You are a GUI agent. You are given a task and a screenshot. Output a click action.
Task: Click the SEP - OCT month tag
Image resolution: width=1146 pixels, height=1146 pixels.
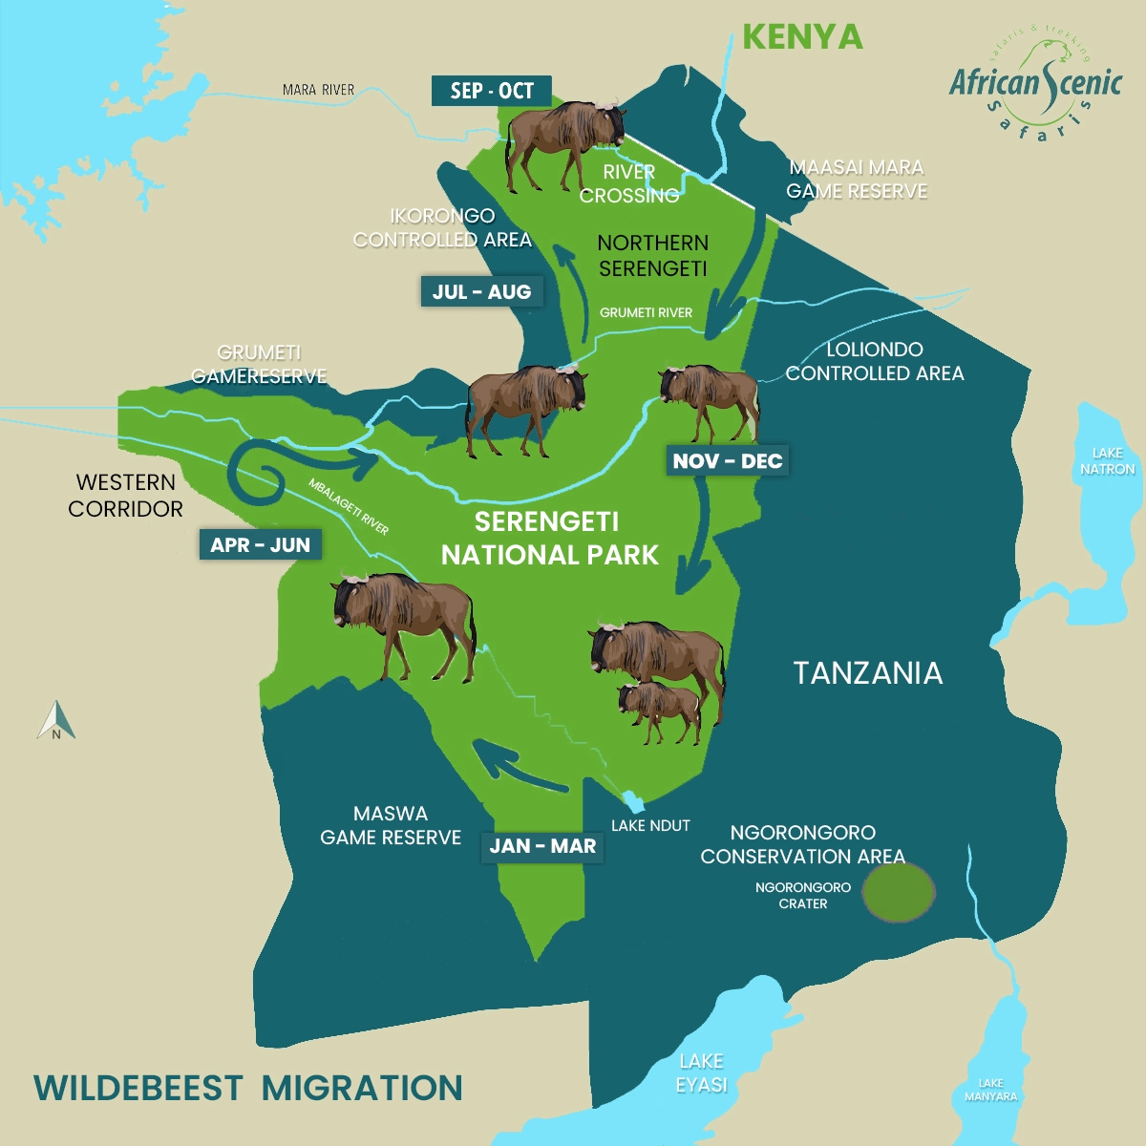click(491, 91)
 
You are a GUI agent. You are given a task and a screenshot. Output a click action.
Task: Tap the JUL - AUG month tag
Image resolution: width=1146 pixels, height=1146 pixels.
click(481, 292)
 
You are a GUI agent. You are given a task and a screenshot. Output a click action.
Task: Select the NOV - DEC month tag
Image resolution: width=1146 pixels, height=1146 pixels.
click(728, 461)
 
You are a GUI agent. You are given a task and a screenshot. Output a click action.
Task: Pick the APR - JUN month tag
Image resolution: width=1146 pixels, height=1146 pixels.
click(260, 545)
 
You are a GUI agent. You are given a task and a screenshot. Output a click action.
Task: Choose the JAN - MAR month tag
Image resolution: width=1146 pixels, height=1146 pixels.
click(542, 846)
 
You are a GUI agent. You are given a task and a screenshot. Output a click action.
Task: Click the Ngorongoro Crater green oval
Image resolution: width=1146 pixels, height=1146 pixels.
click(898, 892)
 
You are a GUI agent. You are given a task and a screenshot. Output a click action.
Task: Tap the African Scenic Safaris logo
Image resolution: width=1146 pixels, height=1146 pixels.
click(1035, 86)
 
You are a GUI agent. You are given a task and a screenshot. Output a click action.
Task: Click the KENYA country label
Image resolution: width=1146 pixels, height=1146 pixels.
click(802, 37)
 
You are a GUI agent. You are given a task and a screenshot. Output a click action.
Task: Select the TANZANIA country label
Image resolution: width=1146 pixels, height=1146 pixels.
click(867, 673)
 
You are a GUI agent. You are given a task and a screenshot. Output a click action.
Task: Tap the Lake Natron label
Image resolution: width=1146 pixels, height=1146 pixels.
click(1107, 461)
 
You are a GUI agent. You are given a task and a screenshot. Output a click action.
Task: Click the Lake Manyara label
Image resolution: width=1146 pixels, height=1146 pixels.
click(990, 1090)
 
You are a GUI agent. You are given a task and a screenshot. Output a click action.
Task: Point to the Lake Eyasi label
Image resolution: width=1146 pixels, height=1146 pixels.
click(701, 1072)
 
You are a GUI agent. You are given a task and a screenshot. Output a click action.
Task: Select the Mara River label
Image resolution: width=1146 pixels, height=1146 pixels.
click(318, 90)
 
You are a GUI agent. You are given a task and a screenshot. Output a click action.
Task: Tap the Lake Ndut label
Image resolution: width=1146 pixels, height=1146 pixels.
click(650, 825)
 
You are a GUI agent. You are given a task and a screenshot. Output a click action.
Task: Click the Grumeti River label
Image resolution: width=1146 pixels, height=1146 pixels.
click(646, 312)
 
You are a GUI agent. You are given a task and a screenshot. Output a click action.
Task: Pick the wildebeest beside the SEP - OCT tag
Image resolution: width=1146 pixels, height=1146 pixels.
click(563, 143)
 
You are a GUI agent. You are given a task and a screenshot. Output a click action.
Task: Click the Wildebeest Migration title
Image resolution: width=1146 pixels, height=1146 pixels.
click(248, 1088)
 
